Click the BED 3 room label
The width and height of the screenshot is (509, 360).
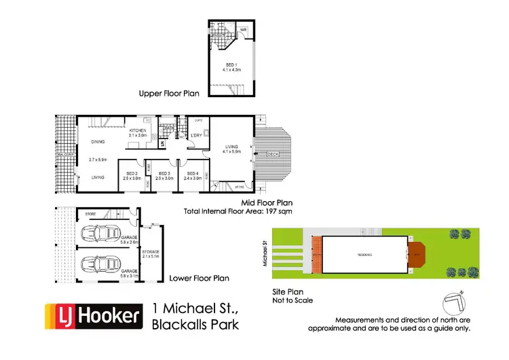pos(164,173)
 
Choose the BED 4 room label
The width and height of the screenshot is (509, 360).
pos(193,173)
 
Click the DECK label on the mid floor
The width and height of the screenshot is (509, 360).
pos(273,154)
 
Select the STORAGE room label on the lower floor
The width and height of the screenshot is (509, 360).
pos(151,251)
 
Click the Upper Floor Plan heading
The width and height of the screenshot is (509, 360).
pos(169,94)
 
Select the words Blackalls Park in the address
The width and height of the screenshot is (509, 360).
pos(195,324)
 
